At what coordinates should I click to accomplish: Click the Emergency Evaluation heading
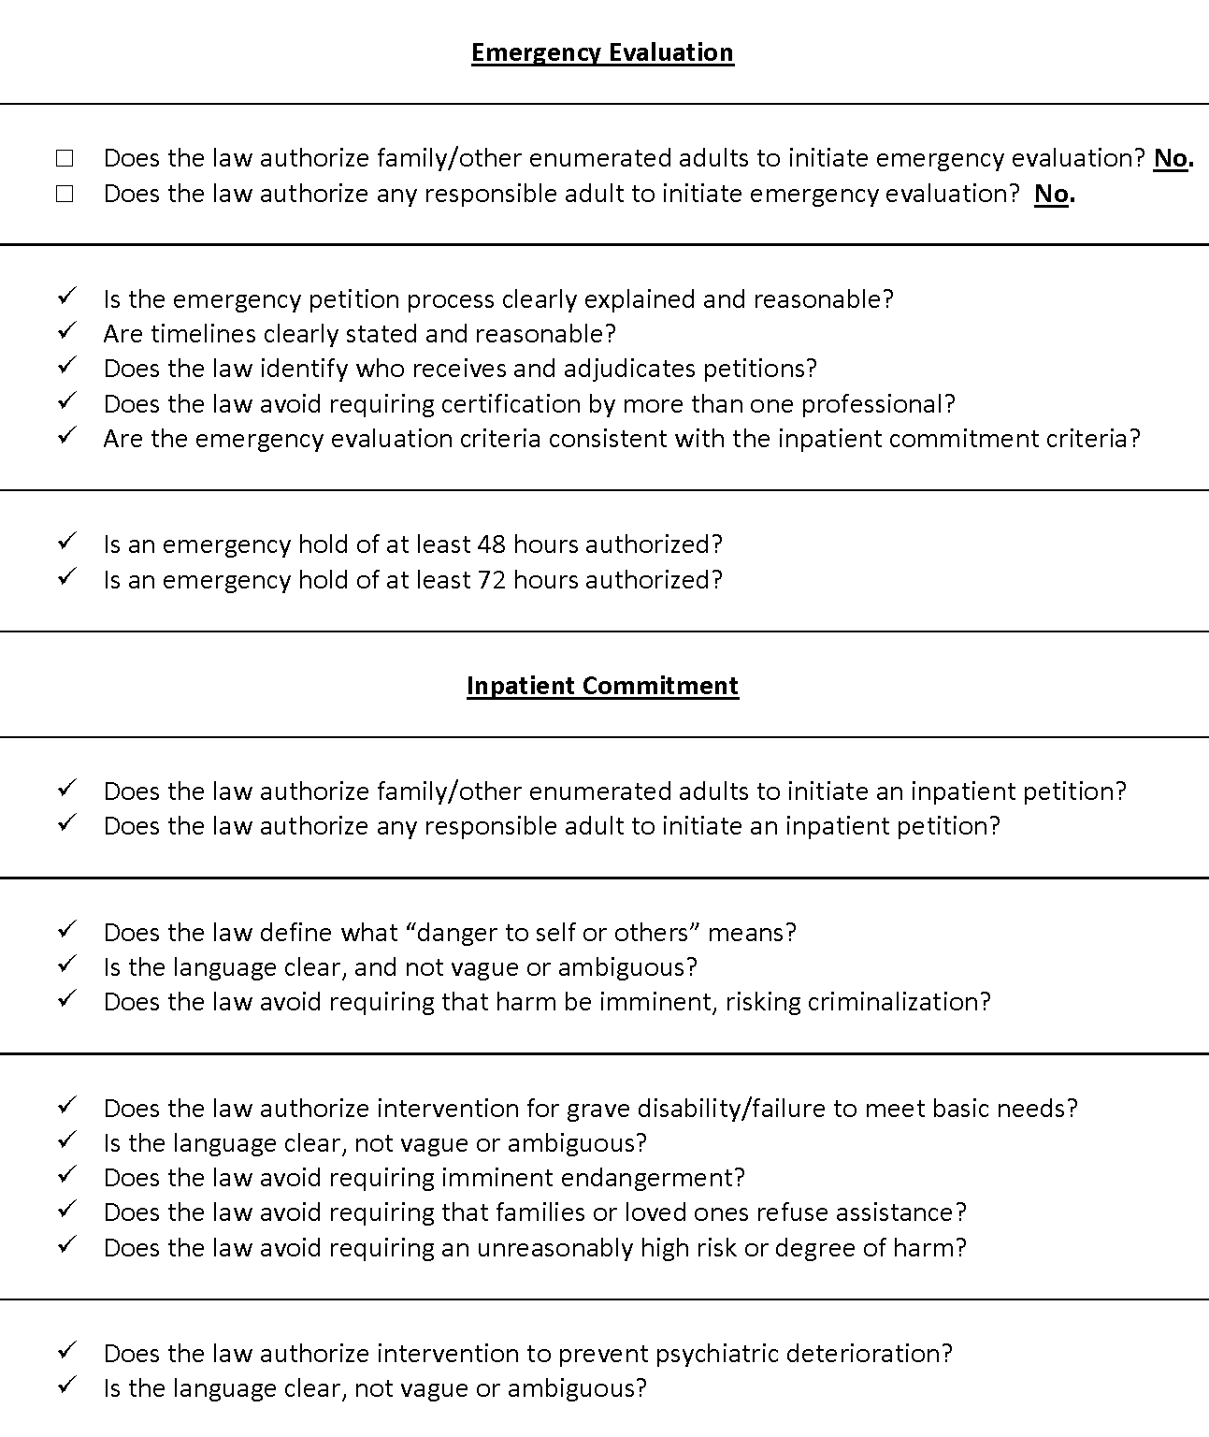tap(602, 52)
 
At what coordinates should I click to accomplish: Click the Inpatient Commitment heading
tap(602, 686)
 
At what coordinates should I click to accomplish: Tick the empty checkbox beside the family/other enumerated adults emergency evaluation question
tap(65, 158)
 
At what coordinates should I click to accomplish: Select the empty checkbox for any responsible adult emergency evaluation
tap(65, 194)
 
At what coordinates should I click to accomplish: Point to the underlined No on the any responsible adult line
tap(1052, 194)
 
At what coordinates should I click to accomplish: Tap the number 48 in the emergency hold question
tap(492, 544)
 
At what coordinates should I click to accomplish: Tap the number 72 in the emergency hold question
tap(492, 580)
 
